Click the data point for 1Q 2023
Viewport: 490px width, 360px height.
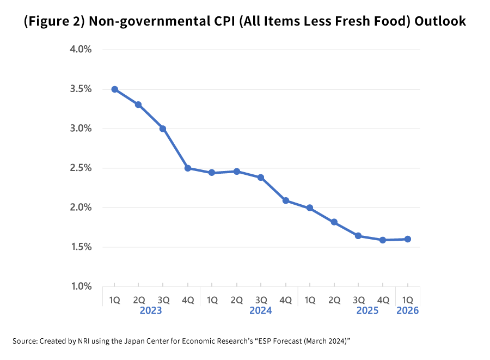pos(114,89)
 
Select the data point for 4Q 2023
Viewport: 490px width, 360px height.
pos(188,168)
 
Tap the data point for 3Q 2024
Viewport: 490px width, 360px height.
pos(261,178)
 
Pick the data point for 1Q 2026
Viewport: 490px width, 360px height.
pos(407,239)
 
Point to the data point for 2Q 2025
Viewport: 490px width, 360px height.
pos(334,222)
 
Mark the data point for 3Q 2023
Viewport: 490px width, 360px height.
pos(163,129)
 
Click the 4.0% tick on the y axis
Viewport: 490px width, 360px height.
pos(80,50)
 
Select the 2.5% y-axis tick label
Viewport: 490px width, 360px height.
pos(80,168)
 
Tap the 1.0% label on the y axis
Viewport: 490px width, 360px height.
pos(80,286)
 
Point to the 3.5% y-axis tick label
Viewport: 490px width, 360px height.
pos(80,89)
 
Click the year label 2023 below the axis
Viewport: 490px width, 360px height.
pos(151,311)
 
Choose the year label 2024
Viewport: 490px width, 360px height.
pos(261,311)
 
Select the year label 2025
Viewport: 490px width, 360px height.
pos(367,311)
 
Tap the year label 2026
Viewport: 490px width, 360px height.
pos(407,311)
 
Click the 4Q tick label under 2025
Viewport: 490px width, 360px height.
pos(383,300)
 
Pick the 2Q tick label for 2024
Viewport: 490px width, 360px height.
pos(236,300)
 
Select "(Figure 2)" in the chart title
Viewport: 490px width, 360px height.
pos(54,22)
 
